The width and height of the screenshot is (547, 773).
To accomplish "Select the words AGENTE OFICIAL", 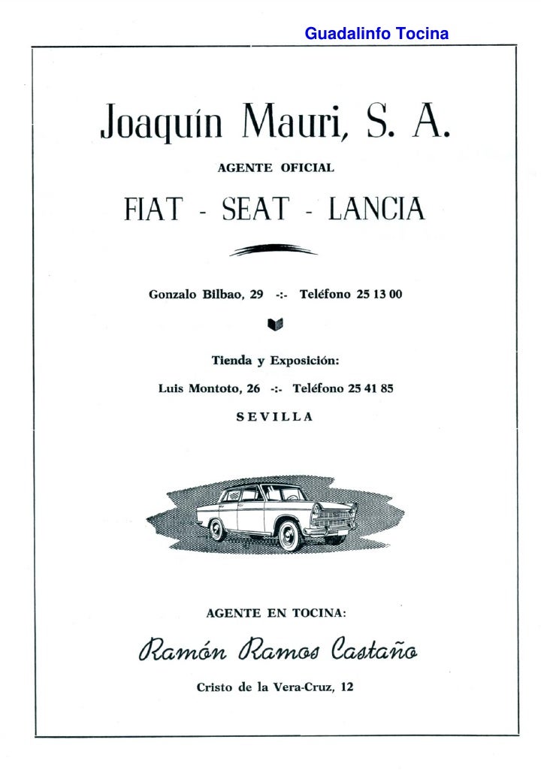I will point(276,168).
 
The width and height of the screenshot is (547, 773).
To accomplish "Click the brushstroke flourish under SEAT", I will point(273,251).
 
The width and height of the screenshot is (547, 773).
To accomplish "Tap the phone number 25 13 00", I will point(379,295).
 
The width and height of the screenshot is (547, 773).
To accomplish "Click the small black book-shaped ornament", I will point(275,325).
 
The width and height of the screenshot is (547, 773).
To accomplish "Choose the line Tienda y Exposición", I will point(276,361).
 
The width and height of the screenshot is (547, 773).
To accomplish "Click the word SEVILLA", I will point(275,417).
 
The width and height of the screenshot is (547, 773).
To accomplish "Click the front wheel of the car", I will point(289,534).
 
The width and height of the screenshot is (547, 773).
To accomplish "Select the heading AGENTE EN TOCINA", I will point(276,613).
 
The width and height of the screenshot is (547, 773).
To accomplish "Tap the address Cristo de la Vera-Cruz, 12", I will point(274,687).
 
